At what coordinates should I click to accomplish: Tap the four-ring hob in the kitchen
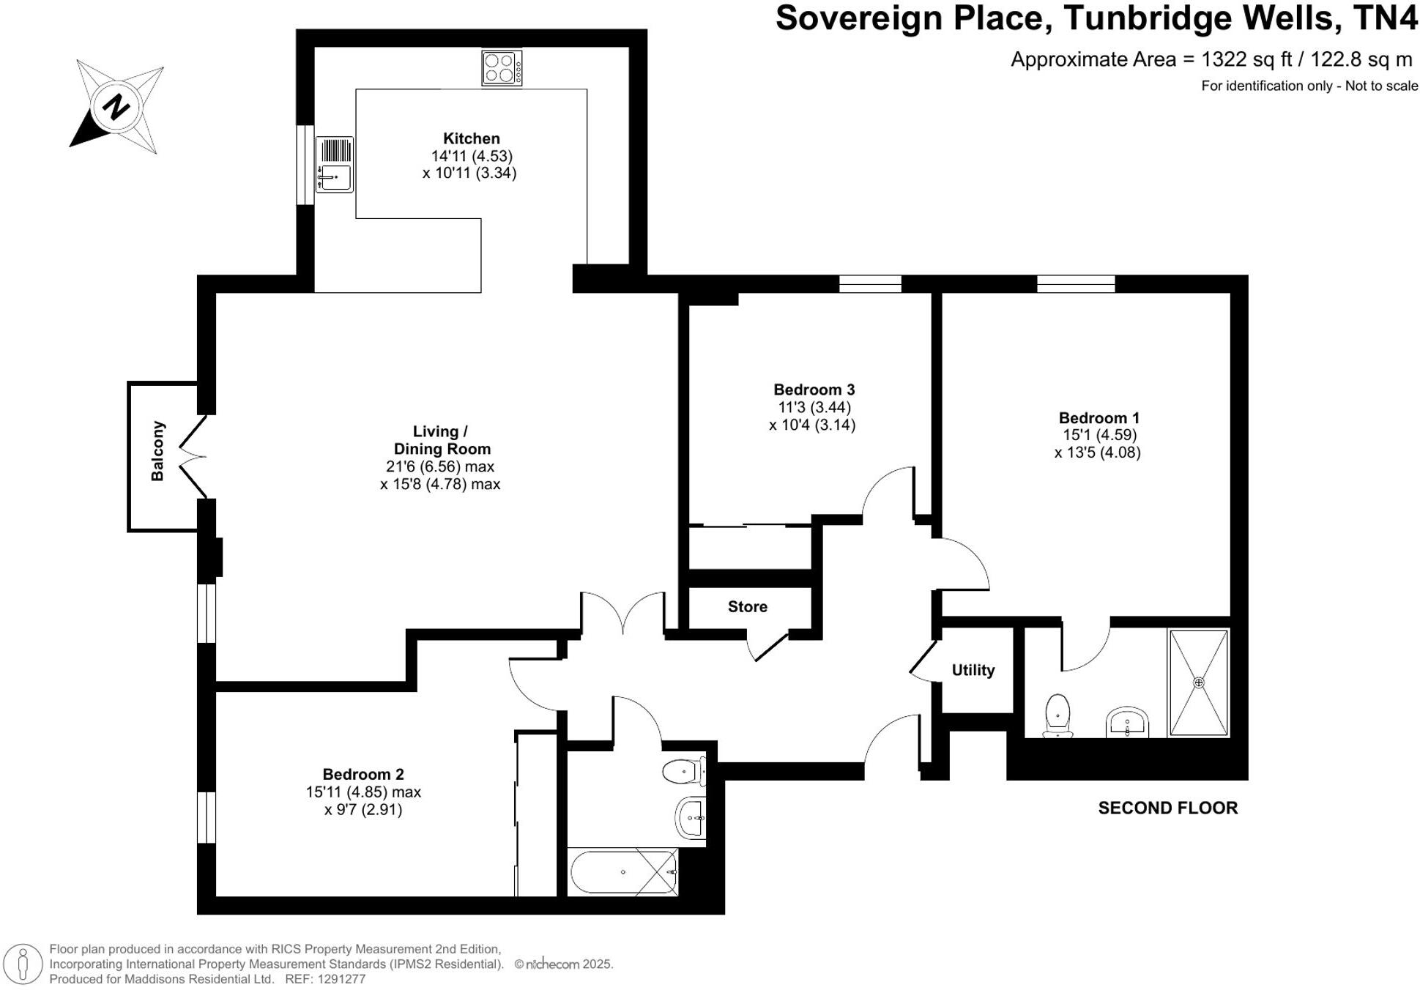pos(502,68)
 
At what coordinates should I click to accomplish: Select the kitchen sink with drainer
pos(335,165)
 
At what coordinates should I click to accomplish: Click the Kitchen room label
pos(471,138)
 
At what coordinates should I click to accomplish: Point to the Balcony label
pos(157,451)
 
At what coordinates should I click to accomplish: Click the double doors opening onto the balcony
pos(193,457)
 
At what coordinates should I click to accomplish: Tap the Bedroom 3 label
pos(814,390)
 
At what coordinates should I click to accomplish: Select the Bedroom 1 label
pos(1099,418)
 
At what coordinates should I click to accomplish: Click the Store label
pos(747,606)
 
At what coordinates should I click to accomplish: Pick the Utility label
pos(973,670)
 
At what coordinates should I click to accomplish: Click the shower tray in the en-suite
pos(1198,682)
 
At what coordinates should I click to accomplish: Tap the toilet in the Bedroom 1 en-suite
pos(1057,715)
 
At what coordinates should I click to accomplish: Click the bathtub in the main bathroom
pos(623,872)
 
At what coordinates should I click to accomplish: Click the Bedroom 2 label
pos(363,774)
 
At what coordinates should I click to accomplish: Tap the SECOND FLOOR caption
pos(1167,808)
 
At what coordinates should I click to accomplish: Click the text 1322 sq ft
pos(1243,59)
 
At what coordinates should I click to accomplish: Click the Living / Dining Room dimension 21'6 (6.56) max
pos(440,466)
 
